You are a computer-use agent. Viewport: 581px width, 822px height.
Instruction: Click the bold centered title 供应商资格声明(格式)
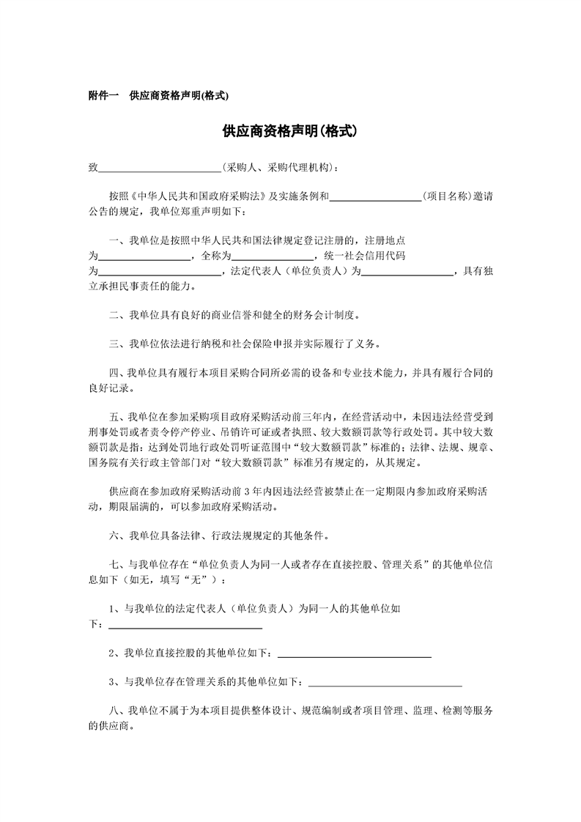[x=290, y=132]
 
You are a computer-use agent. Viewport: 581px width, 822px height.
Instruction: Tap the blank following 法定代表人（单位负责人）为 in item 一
[x=408, y=271]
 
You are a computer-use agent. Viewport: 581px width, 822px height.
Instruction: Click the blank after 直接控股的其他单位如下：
[x=354, y=653]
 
